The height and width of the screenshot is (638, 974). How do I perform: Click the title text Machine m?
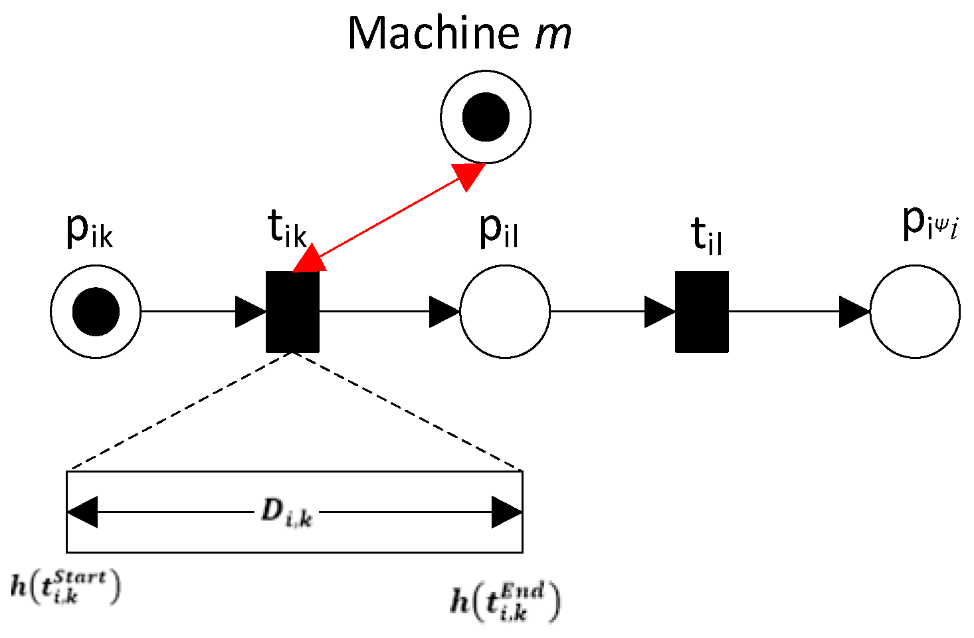(x=458, y=33)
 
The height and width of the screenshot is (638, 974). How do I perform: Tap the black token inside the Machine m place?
(x=486, y=117)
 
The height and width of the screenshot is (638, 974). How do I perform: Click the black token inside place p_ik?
(x=96, y=311)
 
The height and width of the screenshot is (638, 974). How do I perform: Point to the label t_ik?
(x=287, y=229)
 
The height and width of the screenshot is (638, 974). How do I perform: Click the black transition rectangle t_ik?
(x=292, y=311)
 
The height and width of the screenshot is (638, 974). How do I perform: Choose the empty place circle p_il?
(x=505, y=311)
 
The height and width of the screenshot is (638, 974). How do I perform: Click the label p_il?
(x=498, y=231)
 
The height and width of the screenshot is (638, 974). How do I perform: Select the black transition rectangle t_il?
(x=702, y=311)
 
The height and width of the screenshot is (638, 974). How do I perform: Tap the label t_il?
(x=706, y=236)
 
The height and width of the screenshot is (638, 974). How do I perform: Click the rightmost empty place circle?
(x=915, y=311)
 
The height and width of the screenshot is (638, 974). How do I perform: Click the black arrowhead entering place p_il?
(x=444, y=312)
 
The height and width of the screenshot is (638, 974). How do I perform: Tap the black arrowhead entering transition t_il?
(x=660, y=312)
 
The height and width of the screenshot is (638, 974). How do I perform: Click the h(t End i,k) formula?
(x=506, y=601)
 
